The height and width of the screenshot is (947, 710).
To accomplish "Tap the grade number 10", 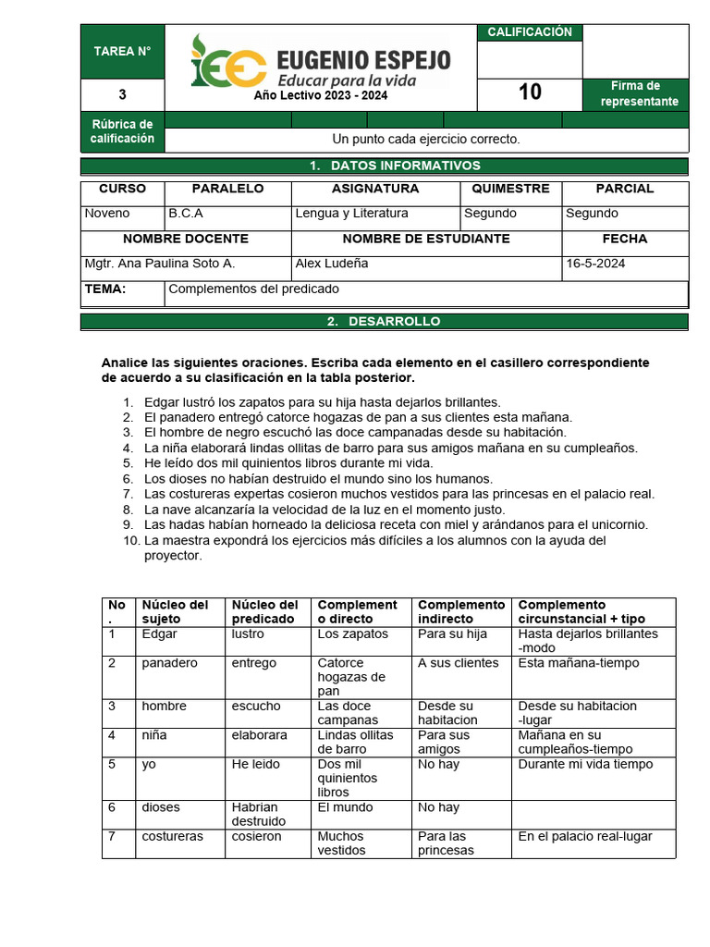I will pos(530,92).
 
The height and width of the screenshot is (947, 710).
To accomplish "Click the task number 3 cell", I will pos(122,94).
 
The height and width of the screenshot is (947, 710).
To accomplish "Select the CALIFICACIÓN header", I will pos(530,32).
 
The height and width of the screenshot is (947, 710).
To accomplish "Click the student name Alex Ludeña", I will pos(332,264).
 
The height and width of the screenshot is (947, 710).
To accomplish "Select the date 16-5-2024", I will pos(595,264).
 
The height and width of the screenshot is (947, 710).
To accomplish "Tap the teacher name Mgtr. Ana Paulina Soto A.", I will pos(159,264).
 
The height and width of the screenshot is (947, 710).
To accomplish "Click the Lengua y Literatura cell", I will pos(351,214).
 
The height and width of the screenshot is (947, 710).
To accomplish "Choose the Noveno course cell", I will pos(107,214).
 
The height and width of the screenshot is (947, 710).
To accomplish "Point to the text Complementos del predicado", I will pos(253,289).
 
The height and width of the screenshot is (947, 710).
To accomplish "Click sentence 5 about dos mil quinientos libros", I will pos(288,463).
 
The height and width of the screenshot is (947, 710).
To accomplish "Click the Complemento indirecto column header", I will pos(461,611).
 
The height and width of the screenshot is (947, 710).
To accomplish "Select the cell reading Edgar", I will pos(159,634).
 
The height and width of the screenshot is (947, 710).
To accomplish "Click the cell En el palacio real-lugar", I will pos(584,836).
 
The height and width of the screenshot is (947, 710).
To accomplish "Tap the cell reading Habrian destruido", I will pos(259,814).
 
